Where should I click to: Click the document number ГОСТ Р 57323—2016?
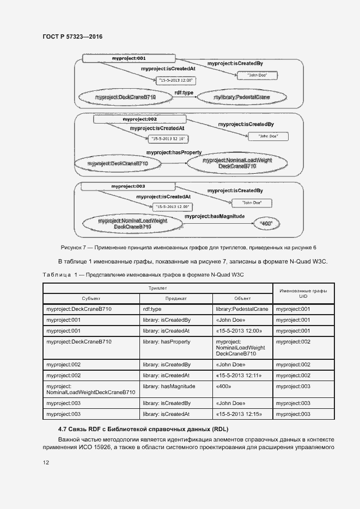72,36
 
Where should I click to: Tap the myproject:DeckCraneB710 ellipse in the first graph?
125,97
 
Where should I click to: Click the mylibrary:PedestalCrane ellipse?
241,97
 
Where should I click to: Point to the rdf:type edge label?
184,93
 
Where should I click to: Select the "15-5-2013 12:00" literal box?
175,81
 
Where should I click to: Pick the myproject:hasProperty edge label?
174,152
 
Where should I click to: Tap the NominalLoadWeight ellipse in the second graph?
237,163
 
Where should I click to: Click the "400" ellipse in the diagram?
267,223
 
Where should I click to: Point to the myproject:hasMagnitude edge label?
215,216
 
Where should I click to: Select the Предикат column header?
176,298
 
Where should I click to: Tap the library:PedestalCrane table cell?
242,309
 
